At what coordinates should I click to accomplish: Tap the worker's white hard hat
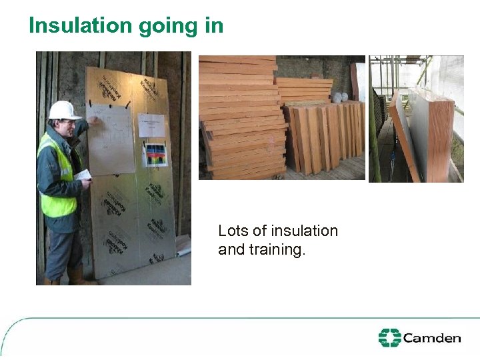[x=63, y=110]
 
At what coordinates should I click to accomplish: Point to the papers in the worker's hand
[x=82, y=175]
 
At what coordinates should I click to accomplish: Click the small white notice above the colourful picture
[x=151, y=125]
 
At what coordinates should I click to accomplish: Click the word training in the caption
[x=276, y=250]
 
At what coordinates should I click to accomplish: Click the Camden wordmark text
[x=432, y=338]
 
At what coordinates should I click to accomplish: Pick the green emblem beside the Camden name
[x=389, y=338]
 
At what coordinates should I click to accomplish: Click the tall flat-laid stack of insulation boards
[x=240, y=113]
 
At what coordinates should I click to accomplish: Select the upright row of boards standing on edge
[x=323, y=137]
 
